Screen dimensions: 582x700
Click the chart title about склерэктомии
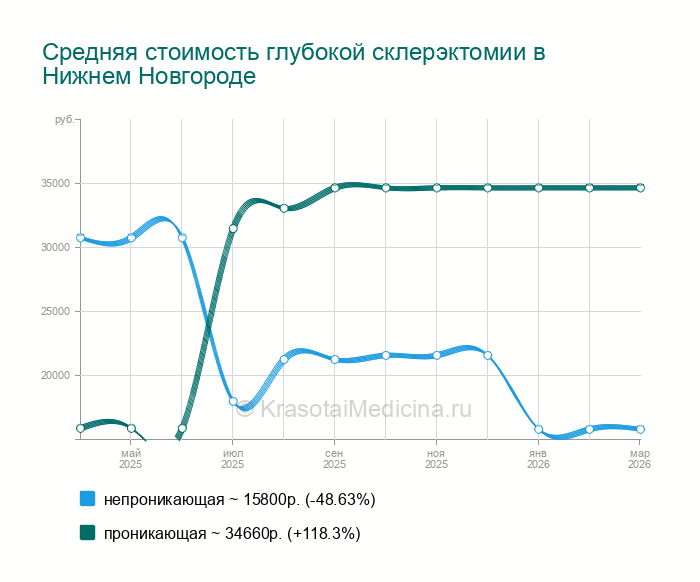click(x=294, y=64)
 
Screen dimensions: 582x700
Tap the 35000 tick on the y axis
click(x=55, y=184)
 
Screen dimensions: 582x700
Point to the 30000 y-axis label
click(x=55, y=248)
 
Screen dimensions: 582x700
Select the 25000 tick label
click(x=55, y=312)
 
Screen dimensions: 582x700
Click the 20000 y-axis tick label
click(x=55, y=376)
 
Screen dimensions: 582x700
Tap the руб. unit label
click(x=64, y=120)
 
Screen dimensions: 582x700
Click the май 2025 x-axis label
click(x=131, y=459)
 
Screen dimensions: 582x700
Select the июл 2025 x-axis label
click(x=233, y=459)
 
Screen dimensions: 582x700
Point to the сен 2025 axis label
click(x=335, y=459)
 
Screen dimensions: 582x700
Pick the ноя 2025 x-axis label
click(x=436, y=459)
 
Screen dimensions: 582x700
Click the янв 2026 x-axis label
click(x=538, y=459)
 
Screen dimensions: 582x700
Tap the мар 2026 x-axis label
click(x=639, y=459)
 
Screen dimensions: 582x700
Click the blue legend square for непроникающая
click(x=87, y=498)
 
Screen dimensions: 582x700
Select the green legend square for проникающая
click(x=87, y=533)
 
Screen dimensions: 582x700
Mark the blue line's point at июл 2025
click(x=233, y=401)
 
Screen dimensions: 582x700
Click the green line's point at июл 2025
click(x=233, y=229)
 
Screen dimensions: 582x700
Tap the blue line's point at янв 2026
click(x=538, y=429)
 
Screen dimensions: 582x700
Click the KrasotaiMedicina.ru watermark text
click(x=365, y=408)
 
